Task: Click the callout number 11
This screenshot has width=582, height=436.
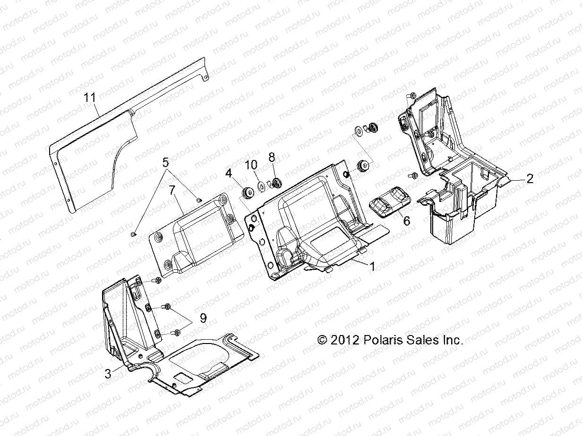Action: pos(90,98)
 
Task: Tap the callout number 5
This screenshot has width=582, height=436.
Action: pos(166,163)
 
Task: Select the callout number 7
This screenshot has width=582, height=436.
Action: pos(172,190)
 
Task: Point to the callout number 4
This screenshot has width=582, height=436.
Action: pos(229,174)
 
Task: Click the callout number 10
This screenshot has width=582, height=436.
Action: pos(251,165)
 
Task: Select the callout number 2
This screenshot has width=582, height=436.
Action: pos(530,178)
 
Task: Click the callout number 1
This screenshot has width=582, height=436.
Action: pos(372,267)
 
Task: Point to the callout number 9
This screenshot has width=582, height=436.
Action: pos(203,319)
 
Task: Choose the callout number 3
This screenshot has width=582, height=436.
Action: pos(108,374)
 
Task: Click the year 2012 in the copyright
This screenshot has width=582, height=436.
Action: pos(345,340)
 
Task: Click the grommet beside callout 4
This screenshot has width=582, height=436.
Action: pos(247,192)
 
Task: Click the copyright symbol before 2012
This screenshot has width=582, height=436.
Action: pos(323,340)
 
